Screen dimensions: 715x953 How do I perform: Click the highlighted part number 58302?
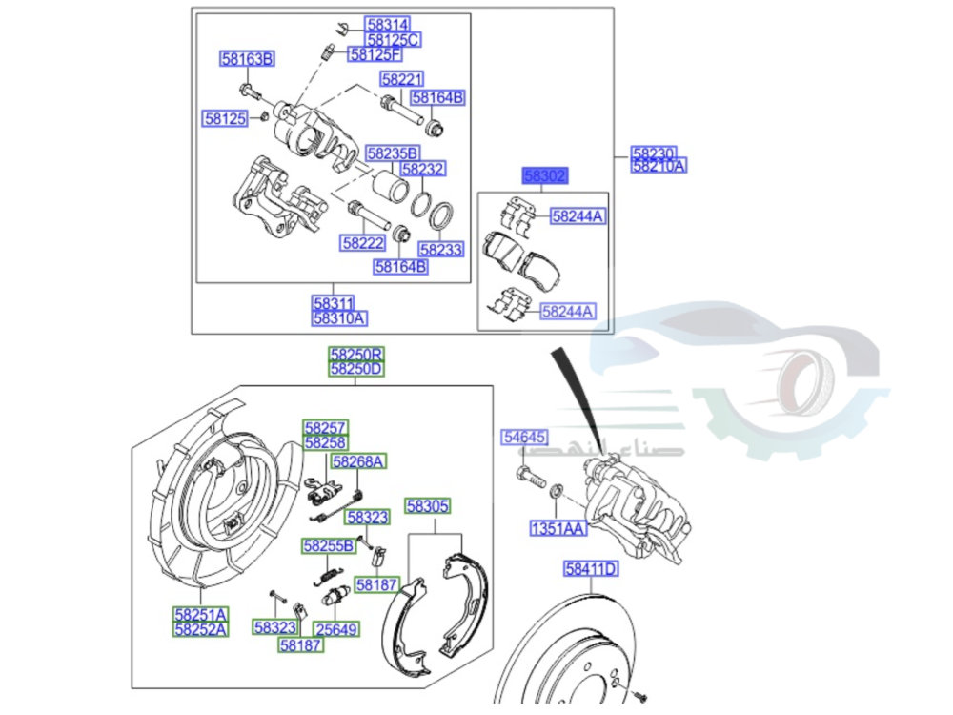click(x=544, y=176)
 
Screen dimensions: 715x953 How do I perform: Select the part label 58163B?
click(x=247, y=60)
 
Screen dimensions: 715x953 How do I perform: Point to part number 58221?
click(x=401, y=79)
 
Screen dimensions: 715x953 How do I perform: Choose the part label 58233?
click(x=441, y=250)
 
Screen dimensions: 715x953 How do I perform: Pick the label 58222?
click(x=363, y=243)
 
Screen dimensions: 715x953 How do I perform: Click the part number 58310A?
click(x=340, y=318)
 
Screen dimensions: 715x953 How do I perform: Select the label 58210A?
click(x=658, y=166)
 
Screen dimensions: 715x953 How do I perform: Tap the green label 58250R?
click(x=355, y=354)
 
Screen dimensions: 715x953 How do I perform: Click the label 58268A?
click(x=357, y=461)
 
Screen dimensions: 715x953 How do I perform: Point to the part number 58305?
click(x=428, y=506)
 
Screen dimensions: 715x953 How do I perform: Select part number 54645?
click(x=525, y=438)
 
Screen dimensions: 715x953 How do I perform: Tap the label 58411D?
click(x=591, y=569)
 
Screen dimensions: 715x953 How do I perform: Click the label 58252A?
click(x=201, y=629)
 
